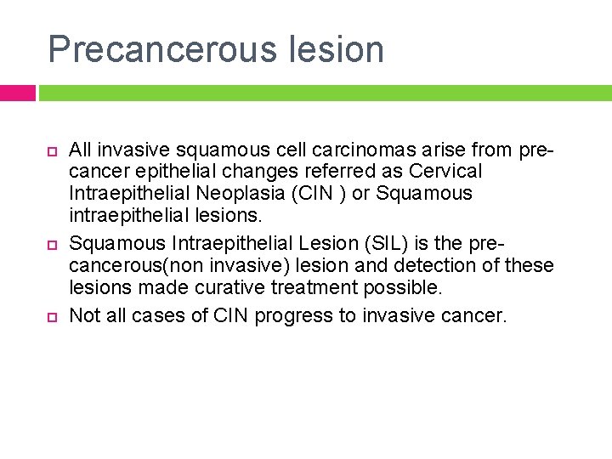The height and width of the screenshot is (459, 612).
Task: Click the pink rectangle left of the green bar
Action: [x=17, y=93]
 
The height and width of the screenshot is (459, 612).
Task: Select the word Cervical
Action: [x=445, y=172]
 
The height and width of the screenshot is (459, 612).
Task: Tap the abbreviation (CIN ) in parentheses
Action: [x=315, y=193]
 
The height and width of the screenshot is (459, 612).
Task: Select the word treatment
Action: [x=309, y=287]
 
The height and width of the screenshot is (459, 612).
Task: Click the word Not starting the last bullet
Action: [x=84, y=316]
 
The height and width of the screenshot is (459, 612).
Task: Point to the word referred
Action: [x=334, y=172]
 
